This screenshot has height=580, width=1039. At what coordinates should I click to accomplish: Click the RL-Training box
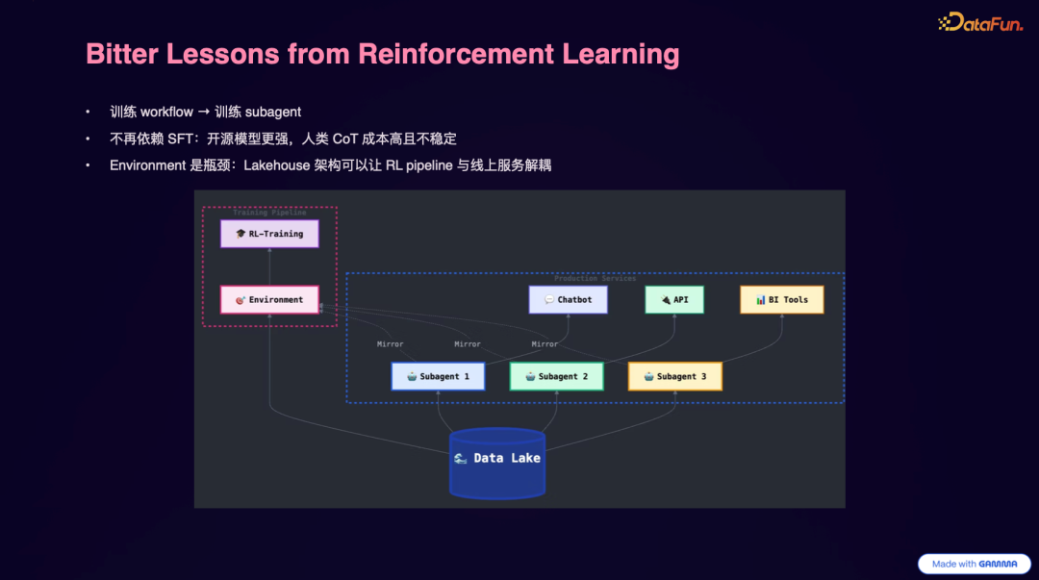(x=269, y=234)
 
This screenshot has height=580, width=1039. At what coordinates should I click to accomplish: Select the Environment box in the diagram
(x=269, y=300)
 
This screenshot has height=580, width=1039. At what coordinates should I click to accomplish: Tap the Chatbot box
(x=568, y=300)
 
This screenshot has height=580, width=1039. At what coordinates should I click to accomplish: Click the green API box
(x=673, y=300)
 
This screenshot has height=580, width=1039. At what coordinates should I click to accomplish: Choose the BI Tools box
(x=781, y=300)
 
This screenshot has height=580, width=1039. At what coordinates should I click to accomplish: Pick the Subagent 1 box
(x=438, y=376)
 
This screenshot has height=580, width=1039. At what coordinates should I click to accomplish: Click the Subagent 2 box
(x=556, y=376)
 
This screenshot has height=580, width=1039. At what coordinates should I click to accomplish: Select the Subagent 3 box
(x=674, y=376)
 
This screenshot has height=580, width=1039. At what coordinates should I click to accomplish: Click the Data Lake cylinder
(x=497, y=462)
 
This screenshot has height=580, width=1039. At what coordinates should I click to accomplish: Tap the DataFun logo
(x=980, y=23)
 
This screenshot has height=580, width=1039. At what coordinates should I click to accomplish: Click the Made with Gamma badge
(x=974, y=564)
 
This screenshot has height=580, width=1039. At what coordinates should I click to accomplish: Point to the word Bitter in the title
(x=121, y=54)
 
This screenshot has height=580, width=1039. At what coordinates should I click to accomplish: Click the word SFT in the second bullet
(x=180, y=139)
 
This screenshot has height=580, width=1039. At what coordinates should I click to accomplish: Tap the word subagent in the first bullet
(x=273, y=112)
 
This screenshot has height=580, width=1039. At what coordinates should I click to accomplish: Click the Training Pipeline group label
(x=269, y=213)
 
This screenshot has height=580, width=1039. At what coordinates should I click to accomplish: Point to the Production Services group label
(x=595, y=278)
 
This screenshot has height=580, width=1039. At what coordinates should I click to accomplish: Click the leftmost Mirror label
(x=390, y=344)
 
